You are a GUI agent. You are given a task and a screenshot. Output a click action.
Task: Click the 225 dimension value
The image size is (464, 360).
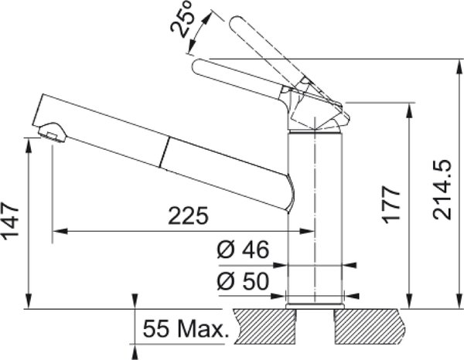[x=188, y=216]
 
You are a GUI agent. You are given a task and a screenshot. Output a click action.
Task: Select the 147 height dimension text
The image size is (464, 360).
[x=10, y=220]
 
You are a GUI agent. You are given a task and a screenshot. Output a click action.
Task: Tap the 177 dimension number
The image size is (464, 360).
[x=391, y=204]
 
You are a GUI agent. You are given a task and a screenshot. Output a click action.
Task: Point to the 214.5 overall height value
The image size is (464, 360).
[x=442, y=190]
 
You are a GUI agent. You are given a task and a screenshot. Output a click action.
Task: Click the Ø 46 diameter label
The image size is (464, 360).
[x=243, y=249]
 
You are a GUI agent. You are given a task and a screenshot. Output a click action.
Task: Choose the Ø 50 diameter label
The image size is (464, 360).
[x=243, y=280]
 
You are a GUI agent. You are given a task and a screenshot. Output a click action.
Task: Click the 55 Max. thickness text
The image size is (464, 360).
[x=186, y=329]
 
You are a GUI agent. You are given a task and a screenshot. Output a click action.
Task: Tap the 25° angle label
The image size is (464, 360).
[x=182, y=19]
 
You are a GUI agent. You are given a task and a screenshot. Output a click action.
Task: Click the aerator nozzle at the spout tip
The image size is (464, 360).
[x=52, y=132]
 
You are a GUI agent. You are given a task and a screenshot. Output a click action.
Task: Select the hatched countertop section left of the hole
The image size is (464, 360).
[x=265, y=327]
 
